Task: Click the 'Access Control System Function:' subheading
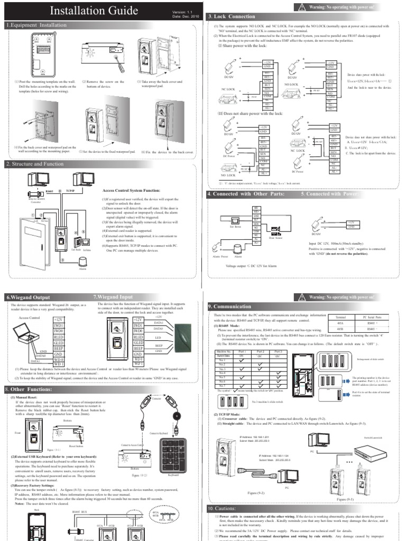[133, 190]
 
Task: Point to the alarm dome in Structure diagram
[83, 260]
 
